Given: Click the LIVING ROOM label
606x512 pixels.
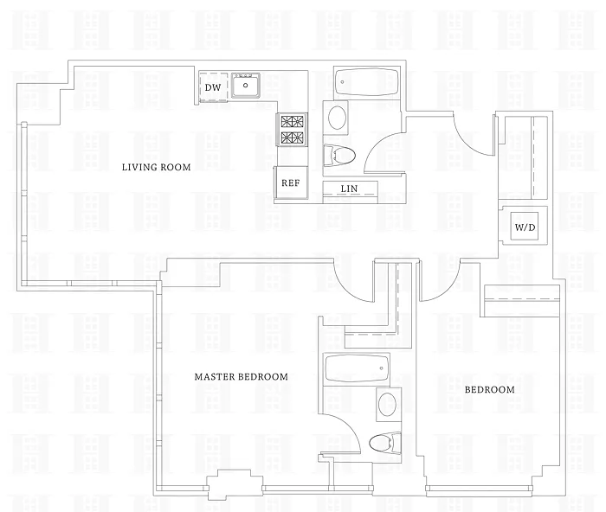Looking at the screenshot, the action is click(157, 167).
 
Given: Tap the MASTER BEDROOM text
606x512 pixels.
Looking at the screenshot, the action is click(242, 376).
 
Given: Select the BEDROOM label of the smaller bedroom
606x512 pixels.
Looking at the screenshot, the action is click(490, 389).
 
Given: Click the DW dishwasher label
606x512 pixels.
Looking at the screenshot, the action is click(213, 87).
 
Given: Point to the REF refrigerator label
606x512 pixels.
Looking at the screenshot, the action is click(291, 183).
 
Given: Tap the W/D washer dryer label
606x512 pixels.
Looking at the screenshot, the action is click(525, 227).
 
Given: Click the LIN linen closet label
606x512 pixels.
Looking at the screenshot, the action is click(349, 189).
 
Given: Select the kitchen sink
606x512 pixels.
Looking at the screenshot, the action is click(246, 85).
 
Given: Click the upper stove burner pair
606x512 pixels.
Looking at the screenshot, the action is click(292, 121).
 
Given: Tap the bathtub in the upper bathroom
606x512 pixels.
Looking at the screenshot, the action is click(366, 83).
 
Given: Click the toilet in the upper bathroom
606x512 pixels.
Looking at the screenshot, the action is click(339, 155).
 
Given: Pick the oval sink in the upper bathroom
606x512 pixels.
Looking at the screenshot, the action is click(338, 118).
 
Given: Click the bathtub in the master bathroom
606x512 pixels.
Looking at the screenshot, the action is click(357, 368).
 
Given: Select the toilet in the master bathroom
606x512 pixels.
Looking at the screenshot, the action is click(385, 443).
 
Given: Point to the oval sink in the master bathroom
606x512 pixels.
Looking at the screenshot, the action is click(387, 405).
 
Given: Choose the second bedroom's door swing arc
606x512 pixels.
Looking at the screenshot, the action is click(448, 289).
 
